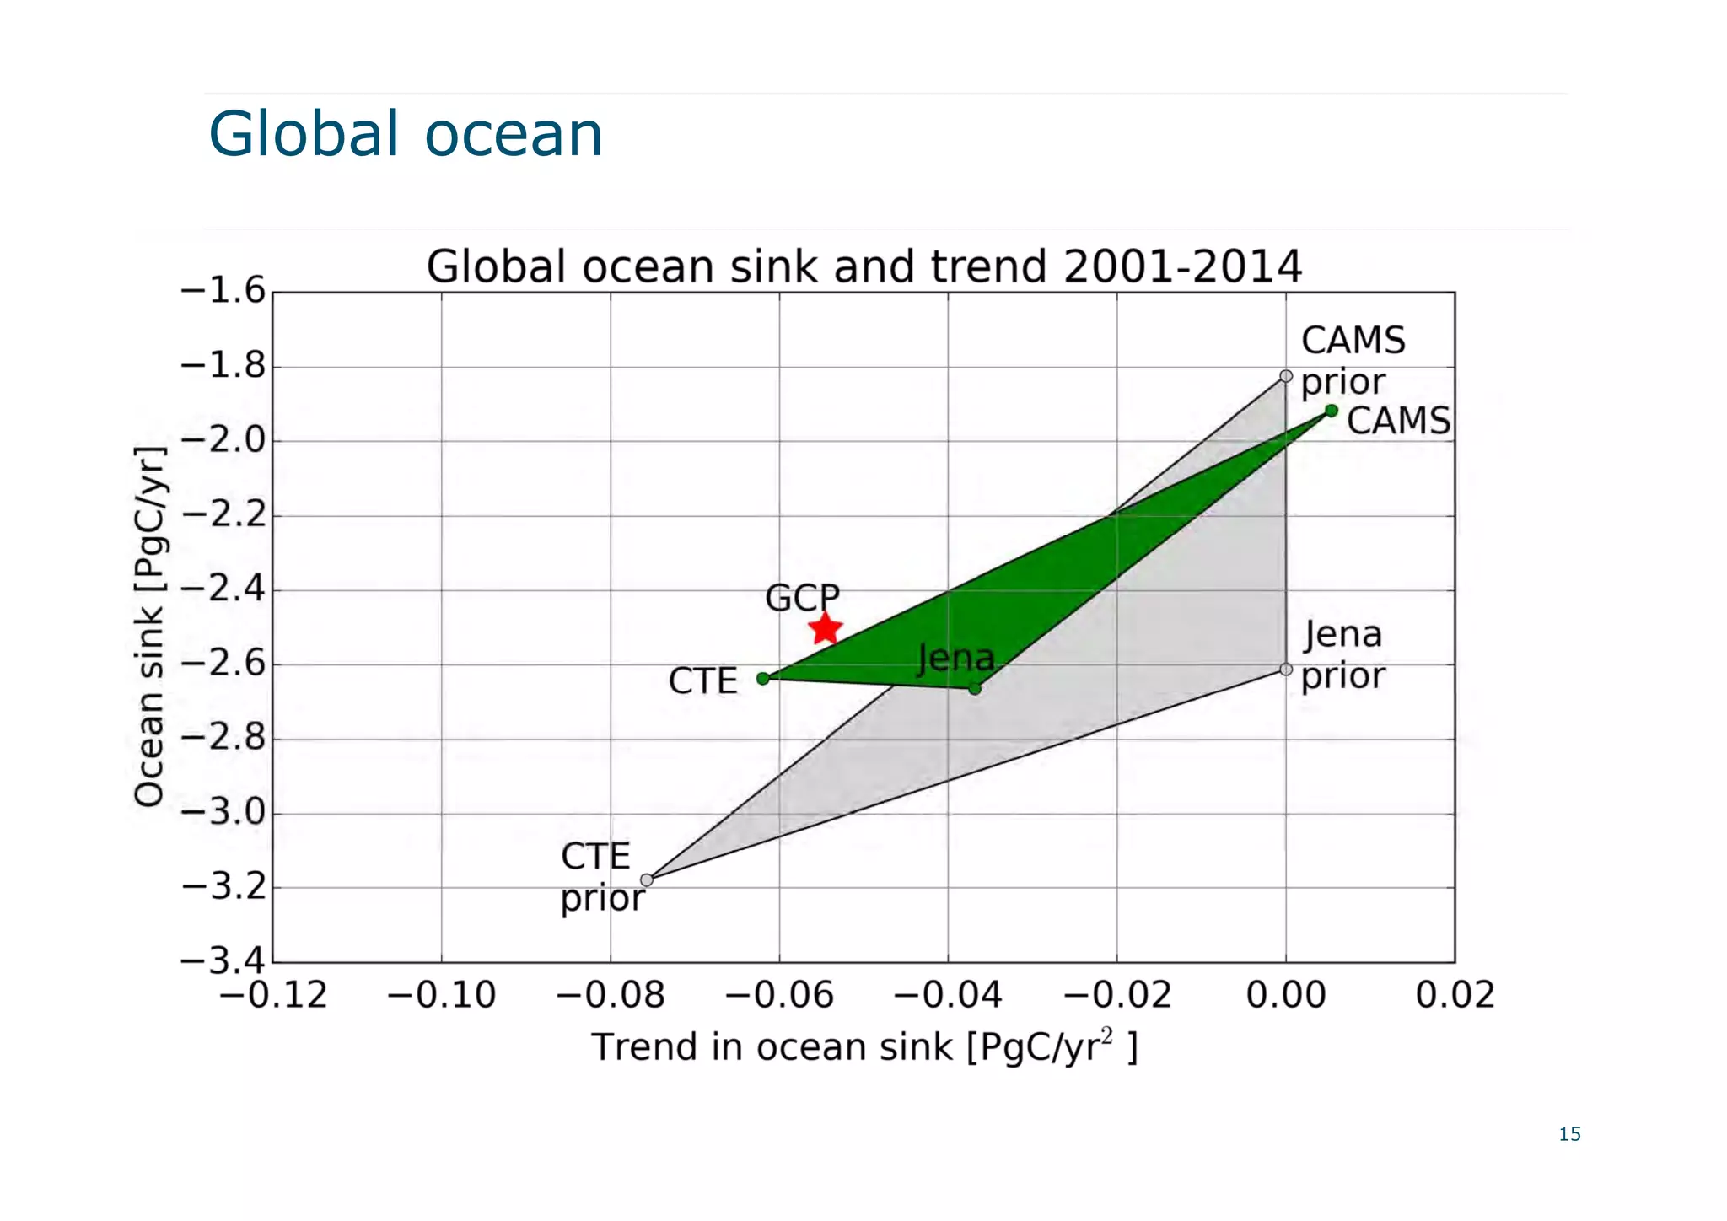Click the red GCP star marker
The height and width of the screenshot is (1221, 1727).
coord(825,628)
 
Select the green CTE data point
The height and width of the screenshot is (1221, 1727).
coord(763,678)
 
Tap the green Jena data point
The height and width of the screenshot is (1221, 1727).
coord(975,689)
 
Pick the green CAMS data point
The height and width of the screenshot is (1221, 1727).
coord(1332,411)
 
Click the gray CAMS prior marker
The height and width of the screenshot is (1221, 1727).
coord(1286,376)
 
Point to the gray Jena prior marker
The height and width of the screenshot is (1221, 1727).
coord(1286,670)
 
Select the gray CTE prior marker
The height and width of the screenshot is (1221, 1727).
coord(647,880)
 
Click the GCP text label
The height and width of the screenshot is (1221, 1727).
coord(802,598)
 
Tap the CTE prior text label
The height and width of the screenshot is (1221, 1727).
coord(601,877)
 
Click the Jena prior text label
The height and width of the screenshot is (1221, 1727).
coord(1342,654)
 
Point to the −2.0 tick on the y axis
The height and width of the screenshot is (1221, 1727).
coord(223,440)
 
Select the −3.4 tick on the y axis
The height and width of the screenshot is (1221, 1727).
coord(223,960)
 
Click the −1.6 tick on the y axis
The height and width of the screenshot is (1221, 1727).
coord(223,291)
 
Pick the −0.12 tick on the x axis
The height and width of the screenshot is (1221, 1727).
coord(273,996)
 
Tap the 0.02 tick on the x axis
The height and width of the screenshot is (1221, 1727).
coord(1455,996)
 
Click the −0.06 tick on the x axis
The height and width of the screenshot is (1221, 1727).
coord(779,996)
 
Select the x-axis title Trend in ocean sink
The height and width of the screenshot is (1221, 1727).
coord(864,1047)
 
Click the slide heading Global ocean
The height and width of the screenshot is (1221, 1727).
coord(406,134)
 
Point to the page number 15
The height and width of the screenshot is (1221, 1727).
coord(1569,1134)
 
